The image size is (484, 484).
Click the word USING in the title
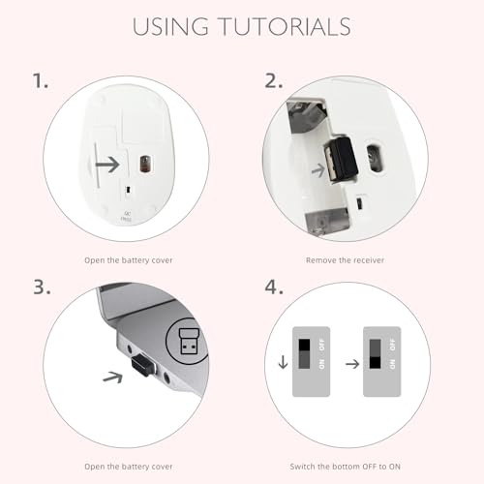pos(170,26)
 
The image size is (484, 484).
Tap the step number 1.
pos(41,80)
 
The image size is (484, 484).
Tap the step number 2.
pos(274,80)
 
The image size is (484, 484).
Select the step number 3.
pos(42,287)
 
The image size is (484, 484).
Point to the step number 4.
pos(274,287)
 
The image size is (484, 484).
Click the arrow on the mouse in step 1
pos(107,165)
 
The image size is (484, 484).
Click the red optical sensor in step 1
pos(144,164)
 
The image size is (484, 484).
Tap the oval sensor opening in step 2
pos(375,159)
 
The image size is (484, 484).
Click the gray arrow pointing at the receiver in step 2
pos(318,170)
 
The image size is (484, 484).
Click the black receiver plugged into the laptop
pos(143,365)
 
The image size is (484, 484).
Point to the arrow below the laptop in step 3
pos(113,377)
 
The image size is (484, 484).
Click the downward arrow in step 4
pos(283,362)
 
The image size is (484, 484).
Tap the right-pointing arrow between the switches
pos(352,364)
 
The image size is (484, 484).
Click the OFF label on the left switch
pos(321,345)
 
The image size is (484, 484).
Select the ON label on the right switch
pos(392,364)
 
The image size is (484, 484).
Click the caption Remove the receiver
pos(345,260)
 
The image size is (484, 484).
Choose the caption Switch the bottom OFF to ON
pos(345,467)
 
